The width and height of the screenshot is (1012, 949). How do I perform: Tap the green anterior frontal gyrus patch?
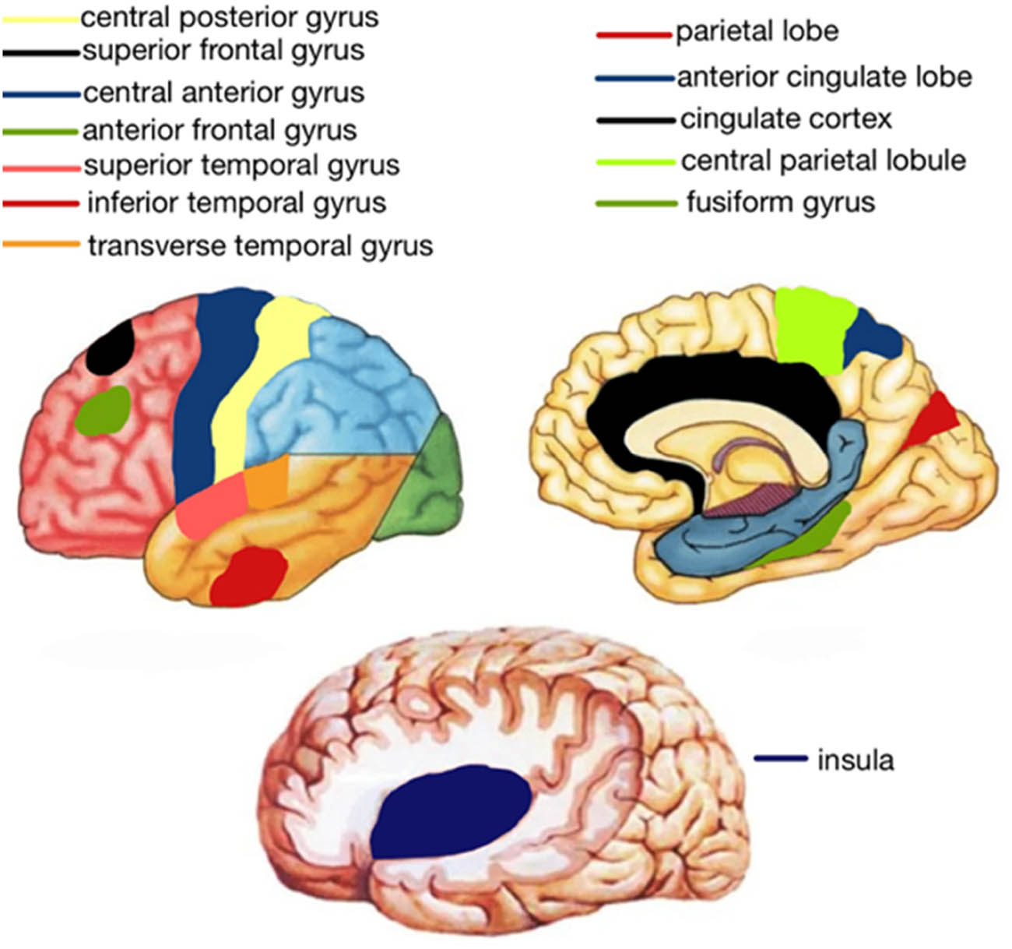coord(103,411)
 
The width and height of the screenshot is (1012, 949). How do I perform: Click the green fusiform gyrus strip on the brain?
coord(810,538)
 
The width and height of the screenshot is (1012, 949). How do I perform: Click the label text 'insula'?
coord(855,760)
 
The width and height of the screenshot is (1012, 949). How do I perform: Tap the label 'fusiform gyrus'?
coord(780,203)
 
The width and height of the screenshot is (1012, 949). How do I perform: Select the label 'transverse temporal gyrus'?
coord(260,246)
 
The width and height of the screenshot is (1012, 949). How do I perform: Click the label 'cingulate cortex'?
coord(785,119)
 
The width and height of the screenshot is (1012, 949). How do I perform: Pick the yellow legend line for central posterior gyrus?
coord(40,17)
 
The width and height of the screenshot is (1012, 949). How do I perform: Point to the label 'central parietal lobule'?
coord(823,161)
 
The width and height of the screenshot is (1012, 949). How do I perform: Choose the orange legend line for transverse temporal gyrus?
coord(41,245)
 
